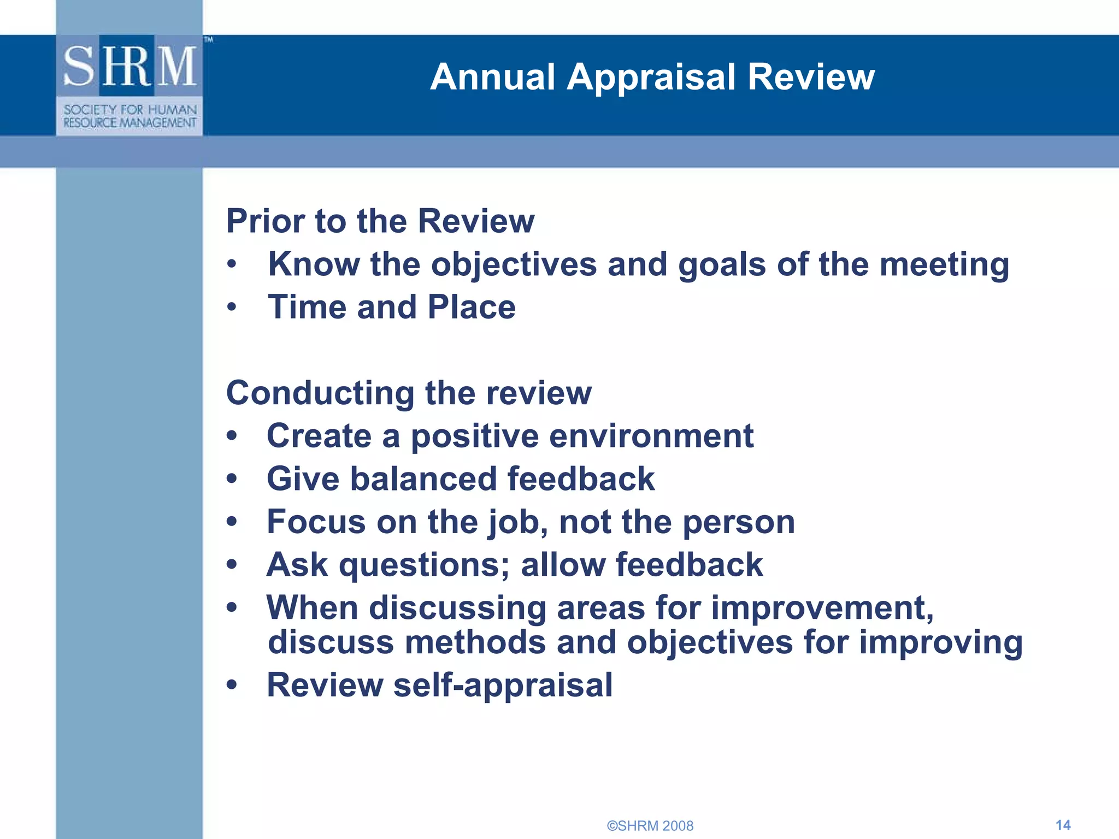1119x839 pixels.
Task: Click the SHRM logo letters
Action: click(129, 66)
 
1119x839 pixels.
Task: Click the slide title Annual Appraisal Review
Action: click(652, 76)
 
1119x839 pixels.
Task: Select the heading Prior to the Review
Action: click(380, 221)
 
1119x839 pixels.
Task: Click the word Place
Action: click(472, 307)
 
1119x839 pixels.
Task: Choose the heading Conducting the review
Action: click(409, 393)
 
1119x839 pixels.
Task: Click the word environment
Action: click(651, 436)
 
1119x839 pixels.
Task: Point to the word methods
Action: click(475, 642)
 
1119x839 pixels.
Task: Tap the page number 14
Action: click(1063, 825)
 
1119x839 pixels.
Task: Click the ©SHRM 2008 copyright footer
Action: click(650, 826)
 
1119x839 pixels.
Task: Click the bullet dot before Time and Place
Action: click(232, 308)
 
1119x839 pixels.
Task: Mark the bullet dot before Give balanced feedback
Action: click(232, 479)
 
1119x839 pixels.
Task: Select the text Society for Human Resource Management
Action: click(129, 116)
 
